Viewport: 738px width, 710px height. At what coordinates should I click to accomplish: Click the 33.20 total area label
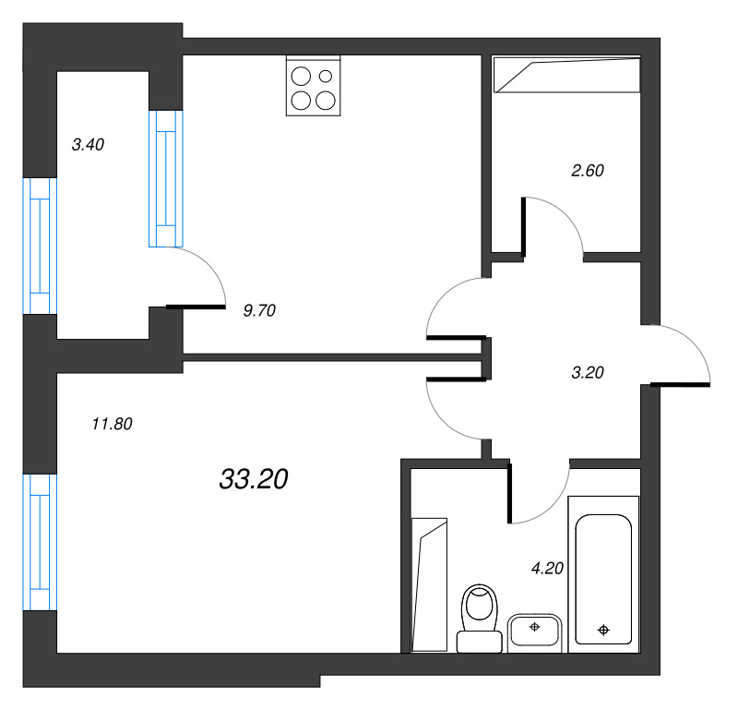pyautogui.click(x=254, y=479)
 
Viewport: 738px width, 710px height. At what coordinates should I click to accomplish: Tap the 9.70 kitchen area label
pyautogui.click(x=259, y=310)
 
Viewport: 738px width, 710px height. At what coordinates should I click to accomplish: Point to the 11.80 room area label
pyautogui.click(x=112, y=424)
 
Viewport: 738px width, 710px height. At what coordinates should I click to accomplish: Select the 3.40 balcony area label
pyautogui.click(x=88, y=145)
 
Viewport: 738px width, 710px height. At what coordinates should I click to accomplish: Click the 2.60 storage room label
pyautogui.click(x=588, y=171)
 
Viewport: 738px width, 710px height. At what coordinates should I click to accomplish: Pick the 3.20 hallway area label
pyautogui.click(x=588, y=373)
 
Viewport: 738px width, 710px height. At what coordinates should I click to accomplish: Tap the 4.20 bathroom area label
pyautogui.click(x=547, y=568)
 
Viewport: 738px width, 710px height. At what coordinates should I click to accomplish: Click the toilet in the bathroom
pyautogui.click(x=480, y=618)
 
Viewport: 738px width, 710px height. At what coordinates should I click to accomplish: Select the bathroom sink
pyautogui.click(x=535, y=632)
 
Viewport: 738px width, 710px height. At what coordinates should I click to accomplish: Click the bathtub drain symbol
pyautogui.click(x=603, y=630)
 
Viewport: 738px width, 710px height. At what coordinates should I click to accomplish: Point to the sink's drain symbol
pyautogui.click(x=535, y=627)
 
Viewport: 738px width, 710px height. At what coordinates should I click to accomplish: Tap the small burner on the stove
pyautogui.click(x=326, y=76)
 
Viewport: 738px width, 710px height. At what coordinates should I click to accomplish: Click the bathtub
pyautogui.click(x=603, y=574)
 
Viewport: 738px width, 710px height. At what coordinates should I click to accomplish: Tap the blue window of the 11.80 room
pyautogui.click(x=40, y=542)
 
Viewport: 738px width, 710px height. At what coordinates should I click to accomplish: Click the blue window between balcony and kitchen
pyautogui.click(x=166, y=178)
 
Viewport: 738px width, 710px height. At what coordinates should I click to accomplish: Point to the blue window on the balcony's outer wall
pyautogui.click(x=40, y=246)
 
